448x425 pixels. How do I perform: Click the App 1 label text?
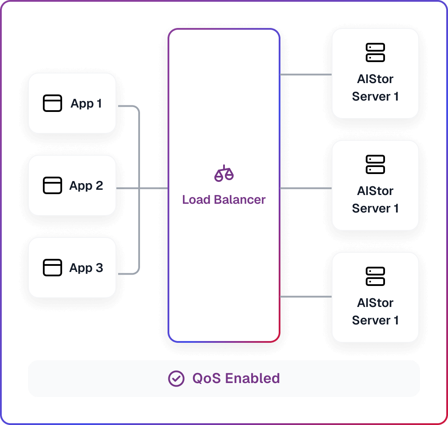(86, 103)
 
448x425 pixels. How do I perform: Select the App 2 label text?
(86, 186)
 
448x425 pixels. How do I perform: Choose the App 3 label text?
(86, 268)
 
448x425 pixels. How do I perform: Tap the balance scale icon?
(224, 173)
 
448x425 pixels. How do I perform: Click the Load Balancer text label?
(224, 200)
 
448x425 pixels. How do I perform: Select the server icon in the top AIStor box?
(375, 52)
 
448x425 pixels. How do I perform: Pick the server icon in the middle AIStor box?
(375, 164)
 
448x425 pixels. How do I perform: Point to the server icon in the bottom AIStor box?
(375, 276)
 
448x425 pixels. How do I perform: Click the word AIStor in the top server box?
(375, 79)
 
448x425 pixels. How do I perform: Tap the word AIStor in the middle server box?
(375, 191)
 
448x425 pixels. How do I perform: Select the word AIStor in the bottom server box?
(375, 303)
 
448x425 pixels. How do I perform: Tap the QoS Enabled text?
(236, 379)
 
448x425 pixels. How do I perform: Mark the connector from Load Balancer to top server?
(306, 74)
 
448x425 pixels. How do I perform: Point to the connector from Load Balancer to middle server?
(306, 188)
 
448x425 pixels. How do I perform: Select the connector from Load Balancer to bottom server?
(306, 297)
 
